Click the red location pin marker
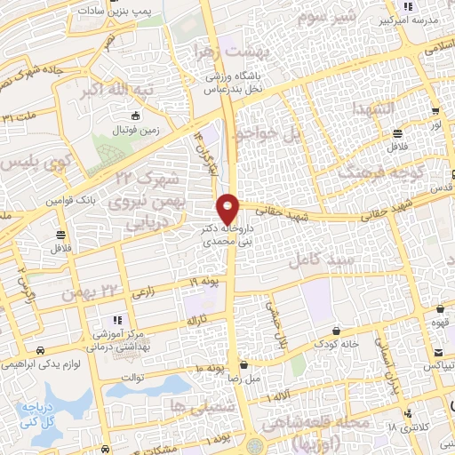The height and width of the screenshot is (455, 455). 228,209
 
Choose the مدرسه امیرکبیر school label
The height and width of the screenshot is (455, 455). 411,18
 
